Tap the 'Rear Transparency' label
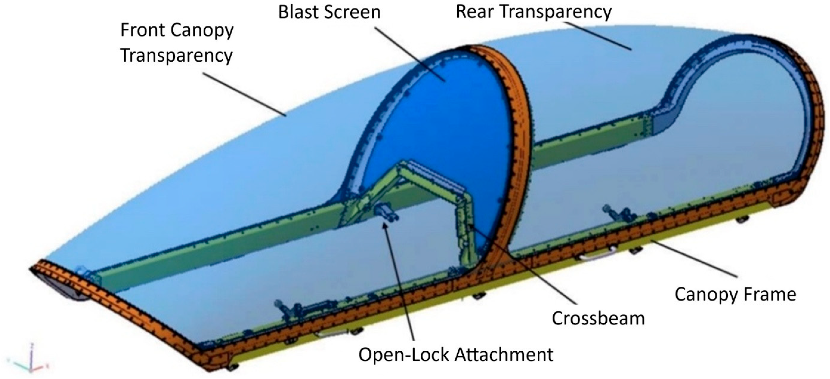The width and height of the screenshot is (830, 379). (x=533, y=12)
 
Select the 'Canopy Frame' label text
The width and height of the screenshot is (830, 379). (x=735, y=294)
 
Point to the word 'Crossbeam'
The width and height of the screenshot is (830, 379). (x=598, y=318)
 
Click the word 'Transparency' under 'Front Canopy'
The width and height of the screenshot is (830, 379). (x=176, y=55)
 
